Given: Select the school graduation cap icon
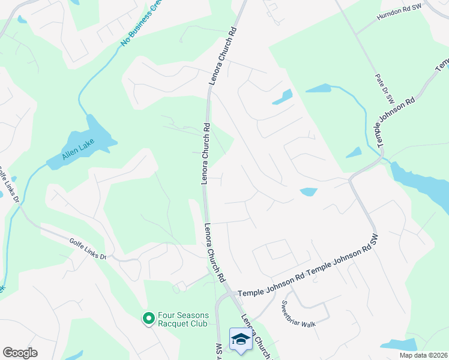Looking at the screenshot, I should click(241, 339).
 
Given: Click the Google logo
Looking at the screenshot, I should click(20, 353).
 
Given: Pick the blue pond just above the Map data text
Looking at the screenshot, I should click(399, 344).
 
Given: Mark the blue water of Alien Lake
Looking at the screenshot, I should click(98, 135).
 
